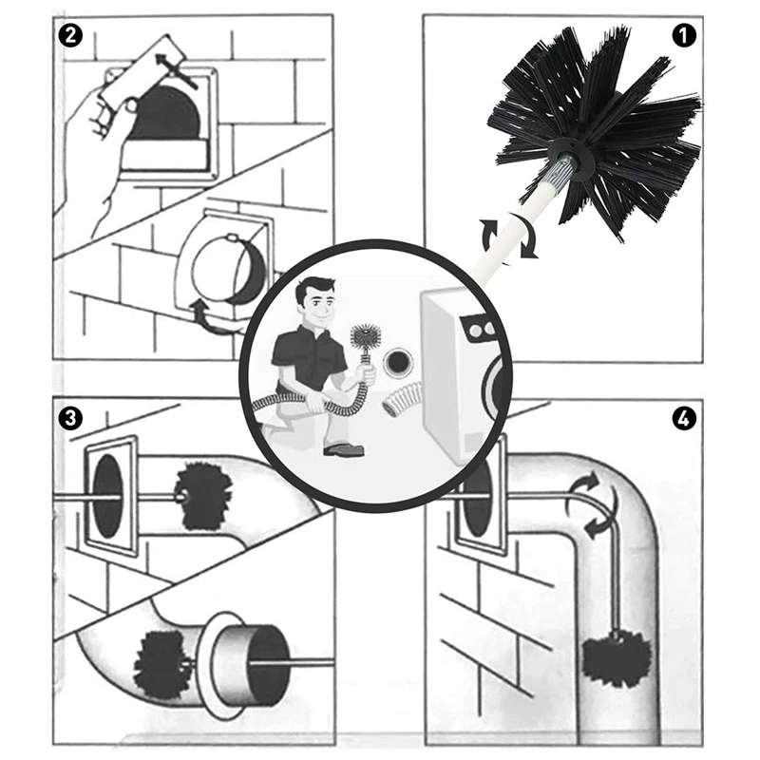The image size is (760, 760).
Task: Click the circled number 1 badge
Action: coord(684,36)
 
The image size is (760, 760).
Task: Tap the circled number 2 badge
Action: coord(70,36)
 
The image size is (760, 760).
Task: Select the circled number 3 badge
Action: coord(70,418)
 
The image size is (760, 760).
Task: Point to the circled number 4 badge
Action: coord(684,418)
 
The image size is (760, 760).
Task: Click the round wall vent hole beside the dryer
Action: coord(398,363)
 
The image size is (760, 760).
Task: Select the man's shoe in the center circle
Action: coord(343,449)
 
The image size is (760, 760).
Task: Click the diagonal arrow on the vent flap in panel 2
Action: coord(177,70)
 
